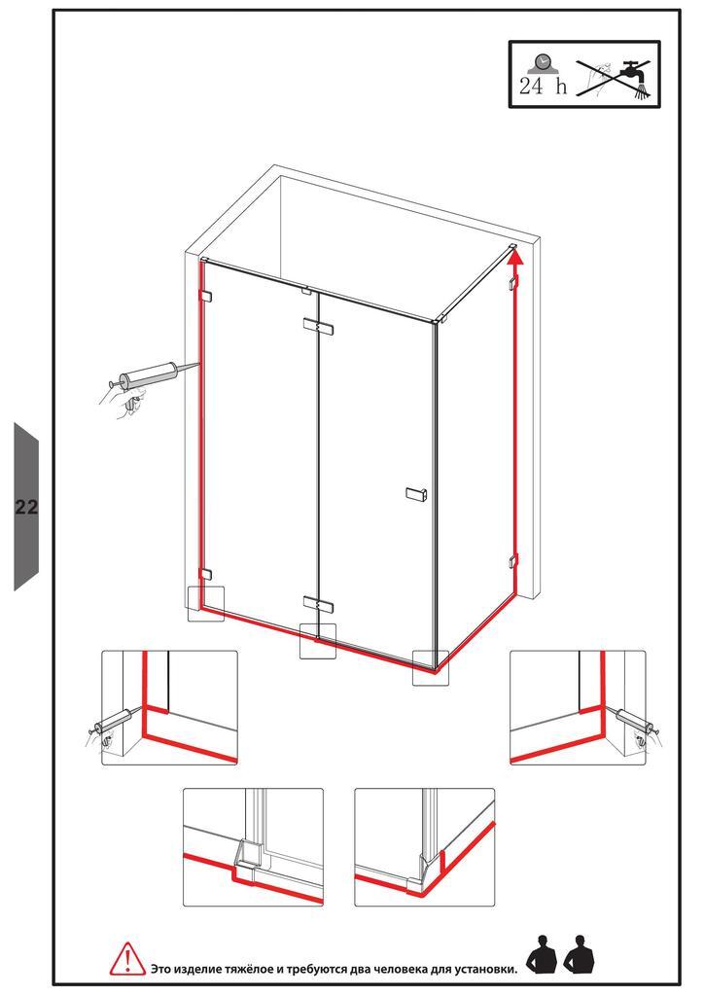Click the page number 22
[x=26, y=507]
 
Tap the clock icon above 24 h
[x=542, y=64]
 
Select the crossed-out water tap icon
[x=614, y=78]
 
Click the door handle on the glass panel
[x=416, y=493]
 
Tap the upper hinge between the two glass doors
[x=318, y=327]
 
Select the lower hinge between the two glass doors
[x=318, y=603]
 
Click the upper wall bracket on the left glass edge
[x=206, y=296]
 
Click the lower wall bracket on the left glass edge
[x=206, y=575]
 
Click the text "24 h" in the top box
[x=543, y=87]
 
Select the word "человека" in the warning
[x=402, y=969]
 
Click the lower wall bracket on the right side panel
[x=512, y=561]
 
